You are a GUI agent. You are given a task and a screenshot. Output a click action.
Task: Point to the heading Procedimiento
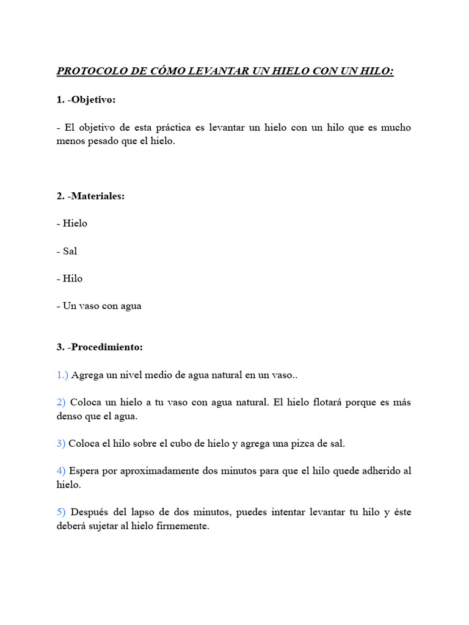click(106, 347)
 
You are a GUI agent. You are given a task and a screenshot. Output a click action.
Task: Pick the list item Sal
click(70, 251)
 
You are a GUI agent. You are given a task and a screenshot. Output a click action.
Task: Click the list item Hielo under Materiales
click(75, 223)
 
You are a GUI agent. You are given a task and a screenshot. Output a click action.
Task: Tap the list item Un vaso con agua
click(102, 306)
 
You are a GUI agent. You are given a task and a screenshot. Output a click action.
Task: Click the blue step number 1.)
click(63, 375)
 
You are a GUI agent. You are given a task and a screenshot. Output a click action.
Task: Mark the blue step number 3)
click(61, 444)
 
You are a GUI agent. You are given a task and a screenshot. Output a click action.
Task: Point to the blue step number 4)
click(61, 472)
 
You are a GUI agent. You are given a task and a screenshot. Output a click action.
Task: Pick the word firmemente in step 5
click(184, 526)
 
